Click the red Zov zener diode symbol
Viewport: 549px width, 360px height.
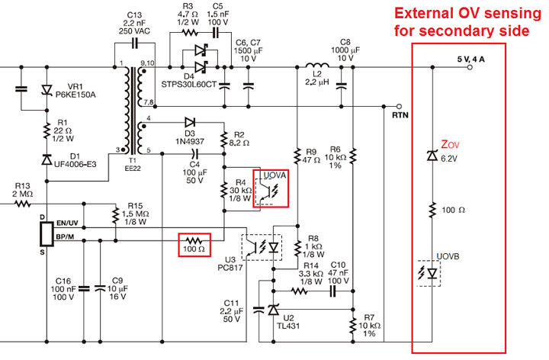[x=431, y=156]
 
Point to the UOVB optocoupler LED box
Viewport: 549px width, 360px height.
[x=431, y=272]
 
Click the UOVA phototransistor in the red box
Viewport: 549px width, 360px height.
[x=271, y=191]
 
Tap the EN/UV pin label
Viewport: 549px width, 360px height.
[x=68, y=222]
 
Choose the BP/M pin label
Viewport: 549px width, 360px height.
[x=66, y=239]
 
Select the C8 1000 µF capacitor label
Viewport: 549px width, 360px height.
[x=345, y=50]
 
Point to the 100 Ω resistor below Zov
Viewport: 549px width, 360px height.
[x=432, y=209]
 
